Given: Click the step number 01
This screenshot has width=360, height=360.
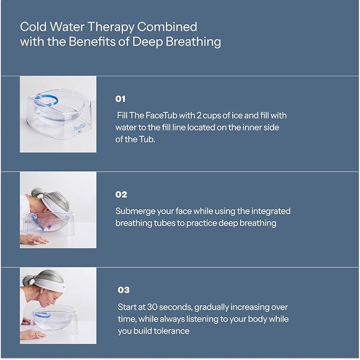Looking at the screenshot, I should tap(121, 99).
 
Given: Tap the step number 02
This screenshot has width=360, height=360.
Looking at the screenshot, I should tap(121, 195).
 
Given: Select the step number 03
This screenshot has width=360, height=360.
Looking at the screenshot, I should tap(123, 290).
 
